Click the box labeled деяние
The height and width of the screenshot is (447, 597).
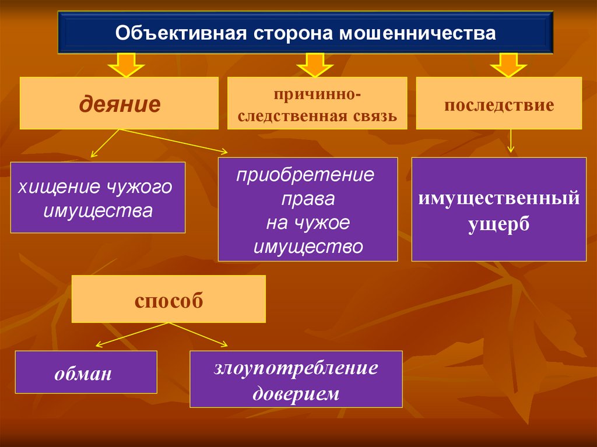click(x=119, y=103)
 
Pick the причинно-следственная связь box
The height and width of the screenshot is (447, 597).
click(x=317, y=103)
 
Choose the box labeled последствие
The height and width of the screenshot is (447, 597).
click(x=498, y=103)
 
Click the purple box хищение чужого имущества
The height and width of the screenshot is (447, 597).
click(x=97, y=198)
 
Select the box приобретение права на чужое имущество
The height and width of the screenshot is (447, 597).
click(x=308, y=209)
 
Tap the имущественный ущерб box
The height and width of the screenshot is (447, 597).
click(x=498, y=209)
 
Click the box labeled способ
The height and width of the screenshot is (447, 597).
click(x=168, y=299)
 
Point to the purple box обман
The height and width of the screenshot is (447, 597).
click(x=86, y=372)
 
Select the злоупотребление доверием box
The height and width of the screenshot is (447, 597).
click(x=296, y=378)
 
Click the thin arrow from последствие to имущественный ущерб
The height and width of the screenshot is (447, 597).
click(x=511, y=141)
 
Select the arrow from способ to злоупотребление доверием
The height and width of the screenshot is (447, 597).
click(x=198, y=334)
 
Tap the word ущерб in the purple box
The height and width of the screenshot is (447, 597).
click(x=498, y=224)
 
